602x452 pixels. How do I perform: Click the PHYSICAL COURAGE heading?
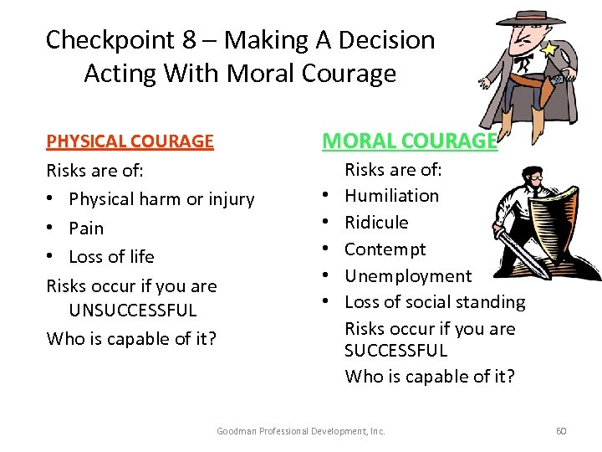tap(130, 141)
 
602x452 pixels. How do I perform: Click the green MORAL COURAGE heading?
tap(410, 141)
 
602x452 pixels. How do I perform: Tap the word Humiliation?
tap(391, 196)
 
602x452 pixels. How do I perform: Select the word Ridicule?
tap(376, 223)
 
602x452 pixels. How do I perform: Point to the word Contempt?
tap(385, 249)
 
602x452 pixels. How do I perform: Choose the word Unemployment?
tap(408, 276)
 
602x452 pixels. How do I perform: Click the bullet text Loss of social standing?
tap(435, 302)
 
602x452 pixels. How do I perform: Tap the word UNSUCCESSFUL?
tap(133, 311)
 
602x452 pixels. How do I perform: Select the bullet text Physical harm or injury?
tap(161, 199)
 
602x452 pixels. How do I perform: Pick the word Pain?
tap(86, 229)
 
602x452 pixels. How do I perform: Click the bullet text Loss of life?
tap(111, 257)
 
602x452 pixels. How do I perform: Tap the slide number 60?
tap(561, 431)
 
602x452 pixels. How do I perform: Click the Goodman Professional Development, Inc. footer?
tap(301, 431)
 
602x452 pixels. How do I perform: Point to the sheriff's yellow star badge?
tap(548, 49)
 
